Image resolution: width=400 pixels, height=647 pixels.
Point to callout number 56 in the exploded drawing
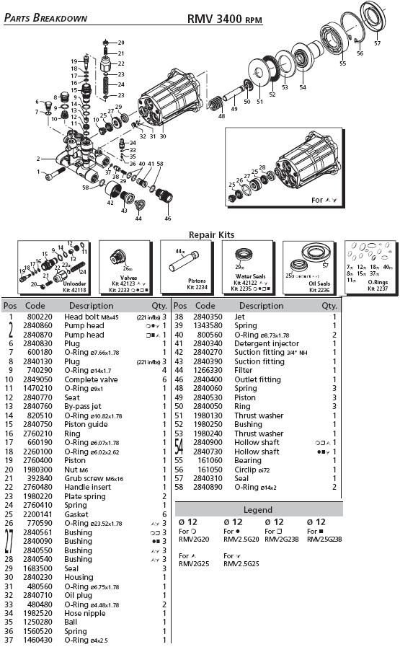360,53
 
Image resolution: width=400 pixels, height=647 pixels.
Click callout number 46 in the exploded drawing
168,217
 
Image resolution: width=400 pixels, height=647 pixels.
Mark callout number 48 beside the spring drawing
221,115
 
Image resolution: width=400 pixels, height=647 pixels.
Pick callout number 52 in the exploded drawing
272,94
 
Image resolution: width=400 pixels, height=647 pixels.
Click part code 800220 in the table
39,317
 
